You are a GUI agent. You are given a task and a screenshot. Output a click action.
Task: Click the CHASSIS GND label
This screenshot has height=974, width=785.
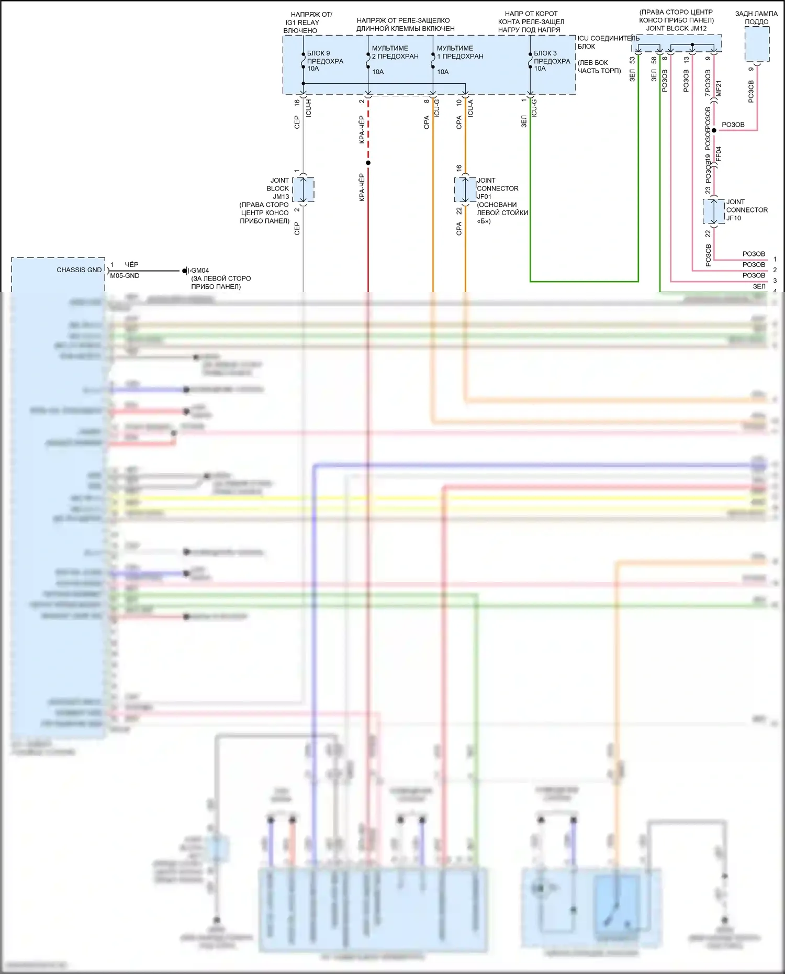(x=79, y=270)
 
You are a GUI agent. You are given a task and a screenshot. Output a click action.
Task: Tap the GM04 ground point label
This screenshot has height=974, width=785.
(x=200, y=271)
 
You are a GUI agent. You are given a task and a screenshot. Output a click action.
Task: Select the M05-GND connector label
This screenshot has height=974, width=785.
(x=125, y=276)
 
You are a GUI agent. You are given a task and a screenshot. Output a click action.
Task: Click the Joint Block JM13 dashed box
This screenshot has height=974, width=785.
(x=304, y=189)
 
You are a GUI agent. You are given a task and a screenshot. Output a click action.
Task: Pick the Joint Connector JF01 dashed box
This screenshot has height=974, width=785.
(x=465, y=189)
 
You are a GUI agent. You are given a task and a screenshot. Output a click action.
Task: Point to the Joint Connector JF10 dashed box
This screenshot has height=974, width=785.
(x=714, y=211)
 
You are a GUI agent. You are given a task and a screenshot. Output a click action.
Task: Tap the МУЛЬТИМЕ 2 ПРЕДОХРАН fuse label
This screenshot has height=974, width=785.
(x=395, y=52)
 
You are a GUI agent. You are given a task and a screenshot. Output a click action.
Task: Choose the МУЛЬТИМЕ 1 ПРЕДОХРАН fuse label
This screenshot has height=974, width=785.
(x=459, y=52)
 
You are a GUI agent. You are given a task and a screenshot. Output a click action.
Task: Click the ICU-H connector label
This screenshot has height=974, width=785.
(x=308, y=108)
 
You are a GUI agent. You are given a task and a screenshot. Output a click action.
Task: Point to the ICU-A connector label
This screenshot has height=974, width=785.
(x=470, y=108)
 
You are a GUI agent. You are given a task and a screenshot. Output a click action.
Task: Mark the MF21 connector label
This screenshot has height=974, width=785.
(x=719, y=88)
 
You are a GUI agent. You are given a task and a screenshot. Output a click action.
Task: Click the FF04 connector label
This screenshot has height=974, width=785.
(x=719, y=153)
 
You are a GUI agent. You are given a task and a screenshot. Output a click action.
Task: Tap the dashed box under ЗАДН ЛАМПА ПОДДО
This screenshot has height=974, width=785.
(x=757, y=44)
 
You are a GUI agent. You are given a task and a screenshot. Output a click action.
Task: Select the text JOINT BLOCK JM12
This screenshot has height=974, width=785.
(x=676, y=28)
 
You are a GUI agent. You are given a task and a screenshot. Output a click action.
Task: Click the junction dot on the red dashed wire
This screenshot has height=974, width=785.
(x=368, y=163)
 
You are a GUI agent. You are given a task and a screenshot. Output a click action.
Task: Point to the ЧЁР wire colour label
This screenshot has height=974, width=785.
(x=131, y=265)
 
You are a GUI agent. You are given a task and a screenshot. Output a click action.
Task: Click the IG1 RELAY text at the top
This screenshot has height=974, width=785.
(x=302, y=23)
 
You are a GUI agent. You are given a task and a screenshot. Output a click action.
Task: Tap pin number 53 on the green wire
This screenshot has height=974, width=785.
(x=632, y=61)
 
